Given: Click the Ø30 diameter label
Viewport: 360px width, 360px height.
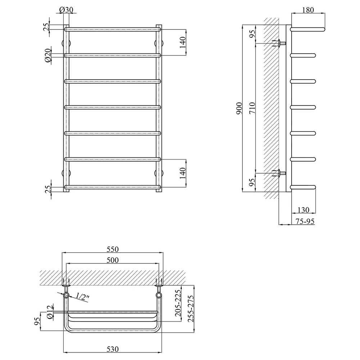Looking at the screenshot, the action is point(66,10).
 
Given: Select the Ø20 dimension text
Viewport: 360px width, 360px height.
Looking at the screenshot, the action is point(48,55).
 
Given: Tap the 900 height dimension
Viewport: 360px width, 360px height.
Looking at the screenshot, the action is point(239,108).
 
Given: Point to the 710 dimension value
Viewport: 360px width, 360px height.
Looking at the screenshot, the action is point(252,108).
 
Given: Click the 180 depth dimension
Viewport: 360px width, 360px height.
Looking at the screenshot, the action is point(308,10).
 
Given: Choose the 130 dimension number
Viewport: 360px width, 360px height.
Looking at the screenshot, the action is point(303,210).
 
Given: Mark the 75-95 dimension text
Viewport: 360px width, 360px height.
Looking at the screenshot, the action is point(305,221).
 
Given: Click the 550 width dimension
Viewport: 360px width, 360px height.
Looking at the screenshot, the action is point(112,249).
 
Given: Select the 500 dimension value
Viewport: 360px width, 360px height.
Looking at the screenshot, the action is point(112,260).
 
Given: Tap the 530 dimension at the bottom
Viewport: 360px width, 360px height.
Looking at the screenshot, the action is point(112,349).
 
